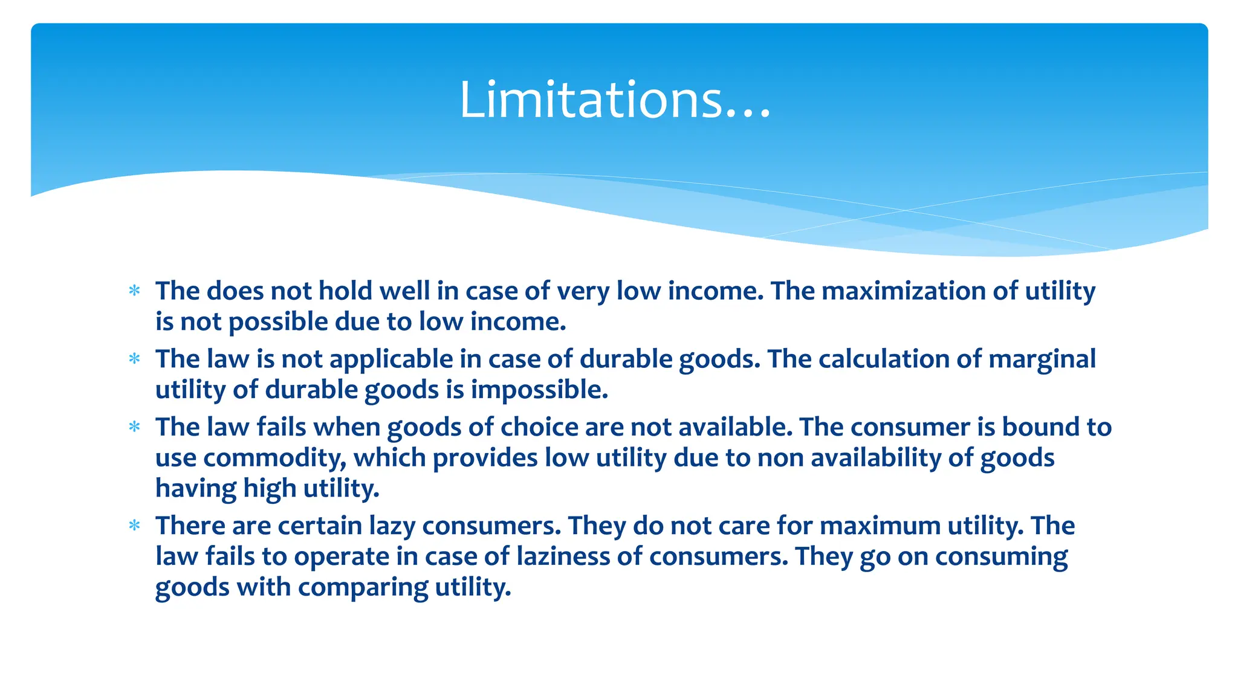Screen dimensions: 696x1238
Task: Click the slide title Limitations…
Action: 615,100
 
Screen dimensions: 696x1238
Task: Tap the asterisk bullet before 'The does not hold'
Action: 134,291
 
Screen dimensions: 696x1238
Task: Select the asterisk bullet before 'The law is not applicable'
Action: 134,359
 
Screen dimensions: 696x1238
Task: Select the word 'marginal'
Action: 1042,359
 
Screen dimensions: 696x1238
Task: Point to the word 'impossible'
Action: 539,390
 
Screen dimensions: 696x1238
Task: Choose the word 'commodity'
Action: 275,458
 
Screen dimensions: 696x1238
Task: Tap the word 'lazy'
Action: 393,526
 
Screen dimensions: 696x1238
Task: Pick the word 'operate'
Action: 342,556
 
